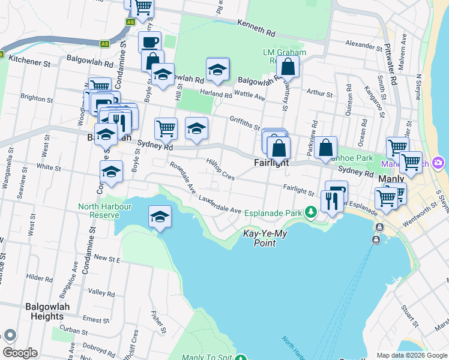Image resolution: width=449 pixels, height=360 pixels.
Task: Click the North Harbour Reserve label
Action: pyautogui.click(x=100, y=211)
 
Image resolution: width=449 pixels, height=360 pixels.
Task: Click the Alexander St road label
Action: pyautogui.click(x=364, y=46)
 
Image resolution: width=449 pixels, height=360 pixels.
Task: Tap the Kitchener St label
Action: pyautogui.click(x=28, y=62)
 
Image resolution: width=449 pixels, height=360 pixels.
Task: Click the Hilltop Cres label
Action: pyautogui.click(x=220, y=169)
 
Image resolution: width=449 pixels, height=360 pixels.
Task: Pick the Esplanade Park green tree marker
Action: pyautogui.click(x=310, y=212)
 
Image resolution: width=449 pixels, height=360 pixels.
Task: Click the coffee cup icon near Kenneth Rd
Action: pyautogui.click(x=149, y=42)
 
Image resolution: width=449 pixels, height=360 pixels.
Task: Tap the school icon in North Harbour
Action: pyautogui.click(x=160, y=217)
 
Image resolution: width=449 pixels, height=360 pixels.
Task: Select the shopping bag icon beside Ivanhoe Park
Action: pyautogui.click(x=325, y=148)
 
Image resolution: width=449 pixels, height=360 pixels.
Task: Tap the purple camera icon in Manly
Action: pyautogui.click(x=439, y=163)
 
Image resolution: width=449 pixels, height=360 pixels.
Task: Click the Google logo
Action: pyautogui.click(x=20, y=353)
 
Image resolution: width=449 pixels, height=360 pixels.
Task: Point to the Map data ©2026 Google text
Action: pyautogui.click(x=411, y=355)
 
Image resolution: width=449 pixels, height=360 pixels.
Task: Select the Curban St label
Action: pyautogui.click(x=74, y=331)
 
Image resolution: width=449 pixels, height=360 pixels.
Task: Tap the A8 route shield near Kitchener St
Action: pyautogui.click(x=104, y=44)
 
